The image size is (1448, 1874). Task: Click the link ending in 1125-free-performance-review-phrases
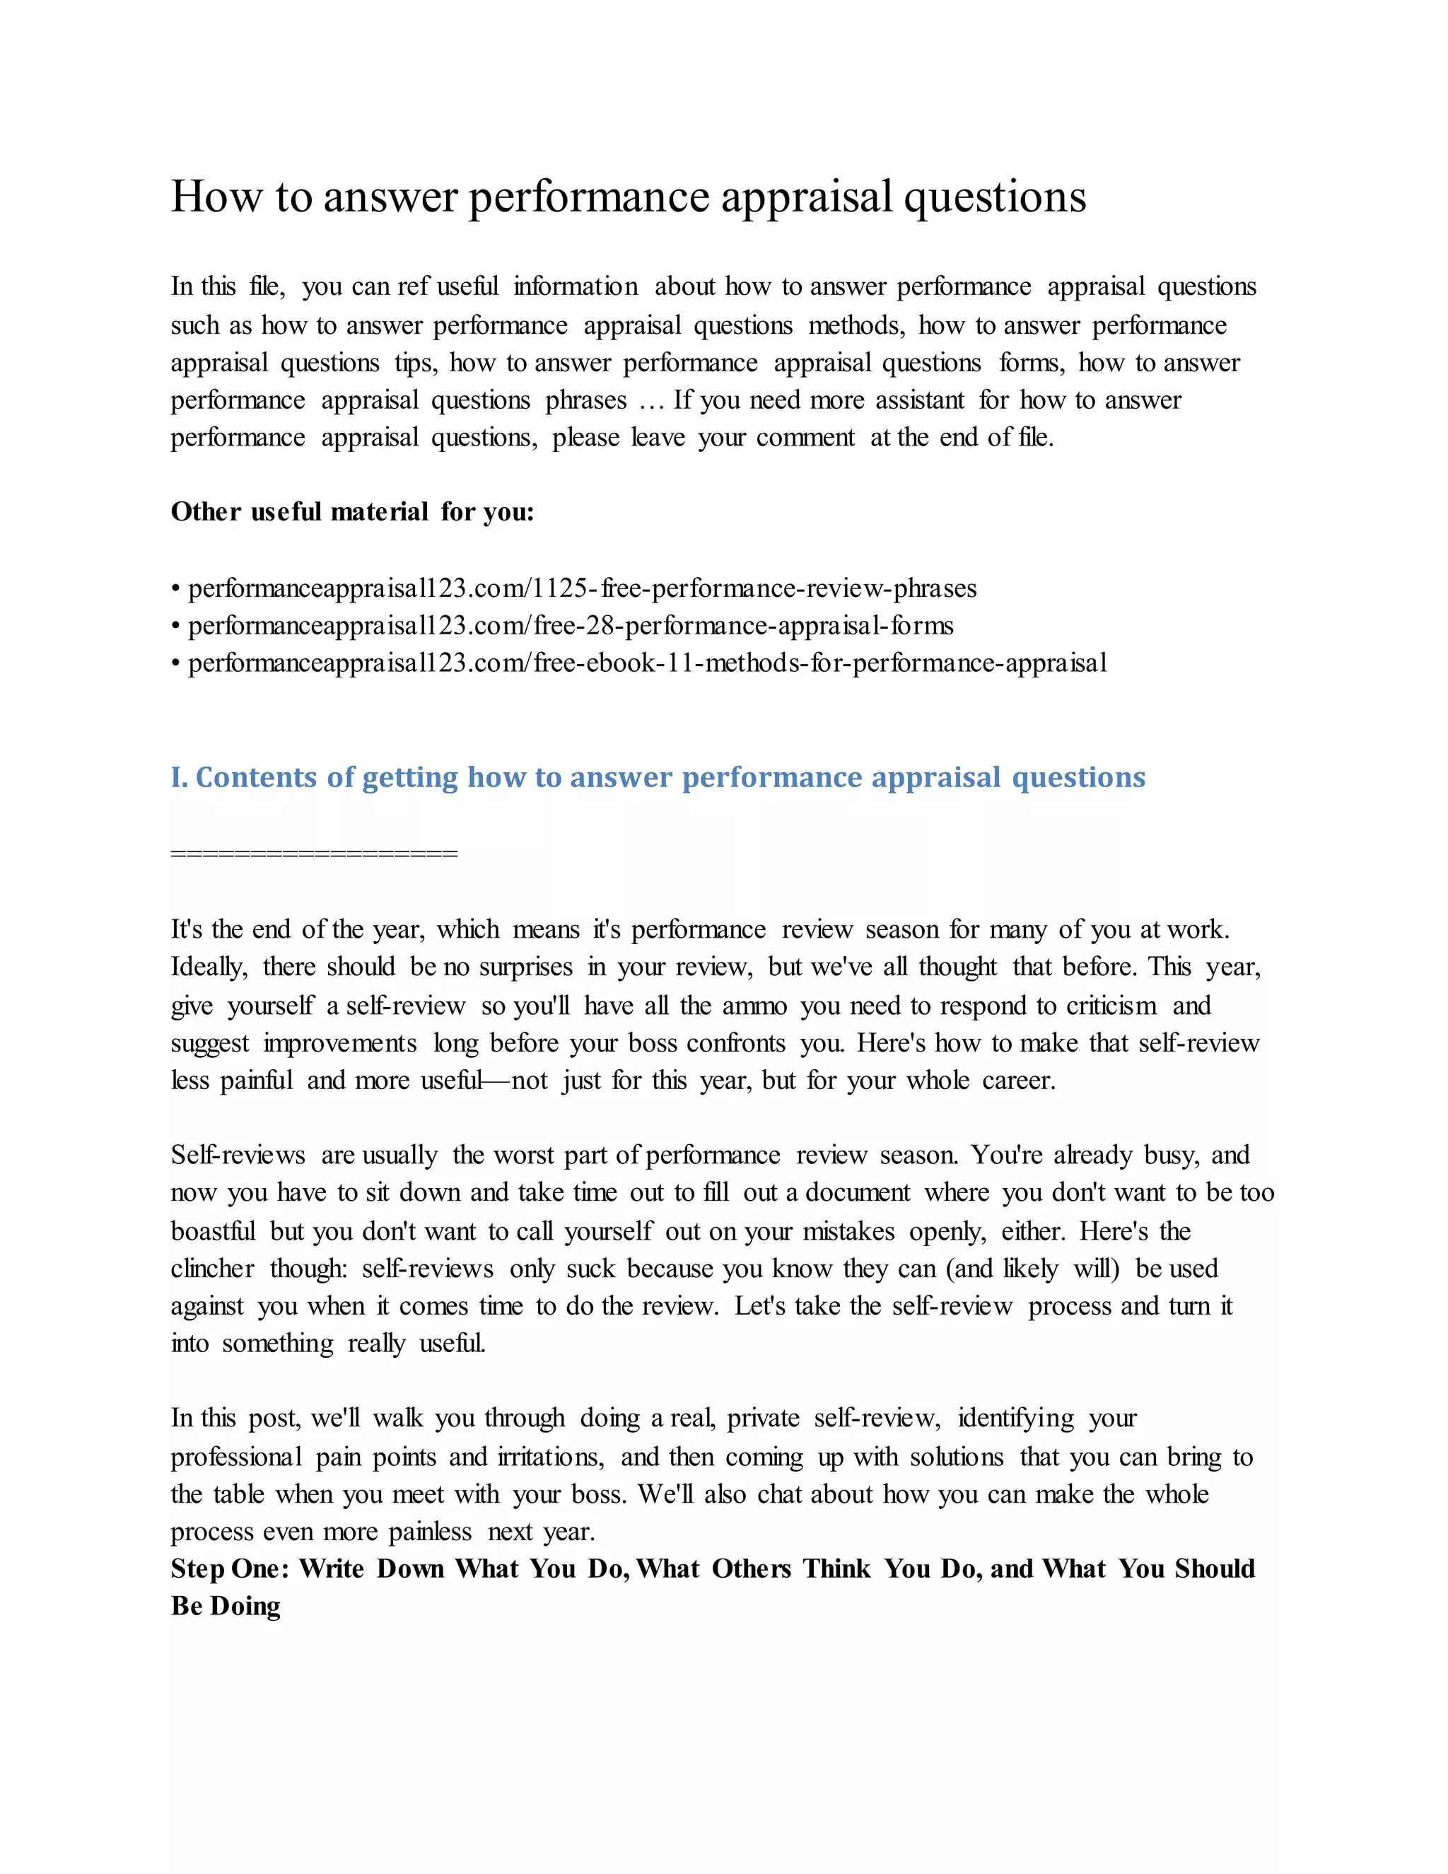[582, 588]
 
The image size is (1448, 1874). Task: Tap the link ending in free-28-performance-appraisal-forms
[571, 626]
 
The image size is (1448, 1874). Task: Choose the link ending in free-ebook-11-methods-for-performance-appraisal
[647, 663]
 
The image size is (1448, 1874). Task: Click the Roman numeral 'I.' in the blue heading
[180, 777]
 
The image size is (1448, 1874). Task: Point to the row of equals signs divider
[314, 853]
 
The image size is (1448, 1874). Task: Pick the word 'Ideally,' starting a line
[209, 968]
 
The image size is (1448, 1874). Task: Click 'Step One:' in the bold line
[230, 1569]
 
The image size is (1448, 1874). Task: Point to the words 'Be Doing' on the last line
[226, 1606]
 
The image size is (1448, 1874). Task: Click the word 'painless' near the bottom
[430, 1532]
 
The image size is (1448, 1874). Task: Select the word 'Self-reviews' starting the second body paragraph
[238, 1156]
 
